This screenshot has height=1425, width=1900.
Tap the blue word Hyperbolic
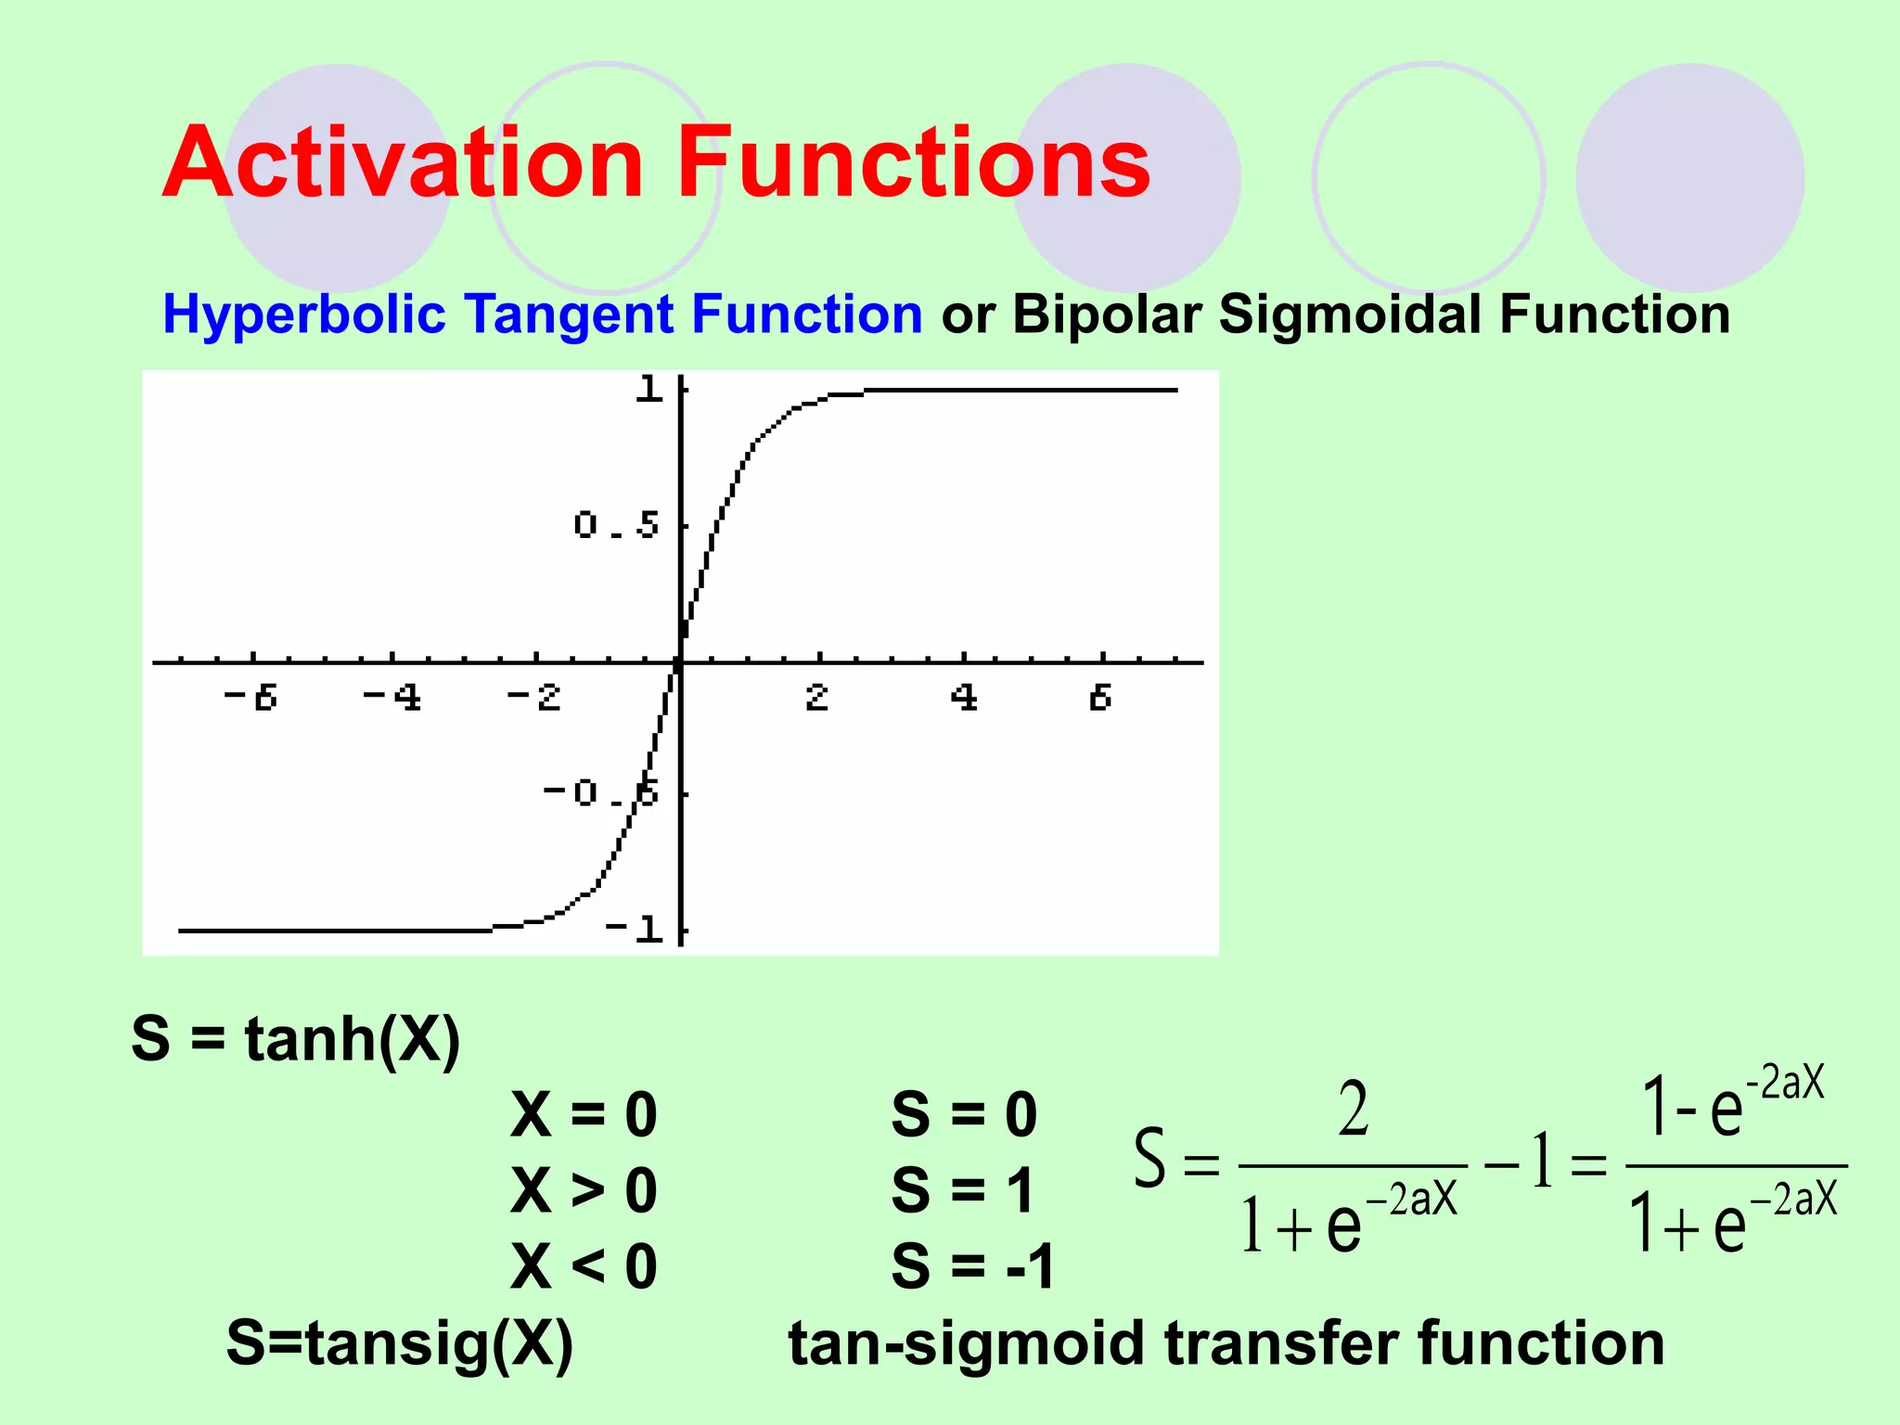point(304,315)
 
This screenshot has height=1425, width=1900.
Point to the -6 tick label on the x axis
point(250,697)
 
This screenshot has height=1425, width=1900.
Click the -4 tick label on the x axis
point(392,697)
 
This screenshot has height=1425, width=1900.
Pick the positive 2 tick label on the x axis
point(816,697)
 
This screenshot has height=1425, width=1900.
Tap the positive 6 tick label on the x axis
point(1100,697)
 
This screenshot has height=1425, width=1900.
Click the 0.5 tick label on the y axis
point(616,525)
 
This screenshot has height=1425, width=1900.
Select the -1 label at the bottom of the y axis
point(635,928)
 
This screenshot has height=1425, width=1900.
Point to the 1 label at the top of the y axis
point(648,389)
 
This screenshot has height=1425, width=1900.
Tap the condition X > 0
point(584,1189)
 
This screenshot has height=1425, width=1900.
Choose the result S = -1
point(973,1265)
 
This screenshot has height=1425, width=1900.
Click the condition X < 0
point(584,1265)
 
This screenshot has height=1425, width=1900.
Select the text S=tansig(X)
point(400,1342)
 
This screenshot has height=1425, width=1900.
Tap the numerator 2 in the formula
point(1354,1110)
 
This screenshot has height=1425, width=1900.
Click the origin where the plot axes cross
point(680,663)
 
